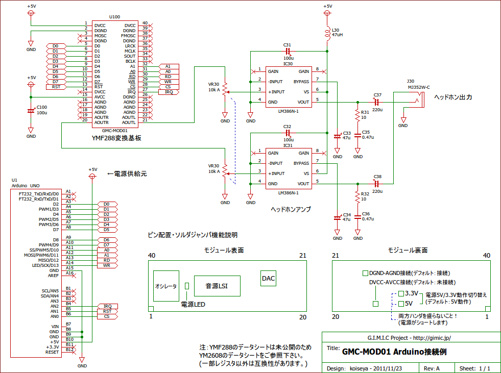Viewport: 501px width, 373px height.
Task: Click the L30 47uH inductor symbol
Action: pyautogui.click(x=327, y=34)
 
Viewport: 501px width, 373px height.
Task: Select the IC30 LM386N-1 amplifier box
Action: pyautogui.click(x=289, y=86)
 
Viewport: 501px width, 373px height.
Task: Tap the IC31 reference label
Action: pyautogui.click(x=288, y=145)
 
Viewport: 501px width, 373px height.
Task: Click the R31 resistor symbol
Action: pyautogui.click(x=357, y=115)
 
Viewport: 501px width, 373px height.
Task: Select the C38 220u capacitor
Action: pyautogui.click(x=377, y=183)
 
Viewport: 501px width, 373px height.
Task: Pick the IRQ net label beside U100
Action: pyautogui.click(x=169, y=92)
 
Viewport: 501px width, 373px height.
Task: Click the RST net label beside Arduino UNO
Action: pyautogui.click(x=107, y=311)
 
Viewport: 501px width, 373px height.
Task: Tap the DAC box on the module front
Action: pyautogui.click(x=268, y=279)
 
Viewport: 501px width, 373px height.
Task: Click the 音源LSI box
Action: pyautogui.click(x=216, y=286)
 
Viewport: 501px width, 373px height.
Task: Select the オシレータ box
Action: pyautogui.click(x=166, y=287)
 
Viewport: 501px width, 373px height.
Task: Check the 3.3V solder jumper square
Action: pyautogui.click(x=401, y=294)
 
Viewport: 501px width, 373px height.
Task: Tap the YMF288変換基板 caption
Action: pyautogui.click(x=116, y=137)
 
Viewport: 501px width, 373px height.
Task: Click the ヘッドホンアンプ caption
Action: pyautogui.click(x=291, y=209)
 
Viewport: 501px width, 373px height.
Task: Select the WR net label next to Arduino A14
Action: pyautogui.click(x=107, y=265)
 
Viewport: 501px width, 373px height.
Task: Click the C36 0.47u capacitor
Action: pyautogui.click(x=358, y=218)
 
